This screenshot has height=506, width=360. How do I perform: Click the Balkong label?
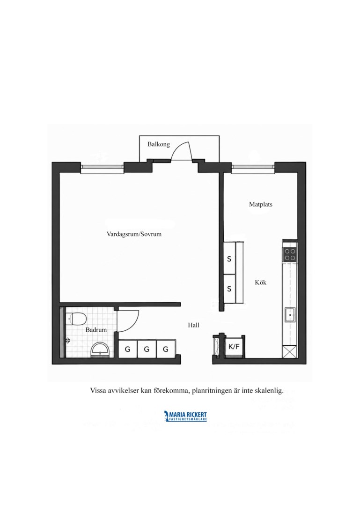(159, 144)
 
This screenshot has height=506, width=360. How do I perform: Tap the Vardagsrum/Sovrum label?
(134, 234)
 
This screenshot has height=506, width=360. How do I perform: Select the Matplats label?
(261, 204)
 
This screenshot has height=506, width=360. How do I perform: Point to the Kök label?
(261, 283)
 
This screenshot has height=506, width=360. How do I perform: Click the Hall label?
(193, 325)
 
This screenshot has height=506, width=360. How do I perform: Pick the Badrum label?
(96, 330)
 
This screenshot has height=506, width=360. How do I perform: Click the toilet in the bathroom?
(76, 319)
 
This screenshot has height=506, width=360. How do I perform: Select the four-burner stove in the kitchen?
(290, 254)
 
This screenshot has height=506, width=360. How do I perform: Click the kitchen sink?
(290, 315)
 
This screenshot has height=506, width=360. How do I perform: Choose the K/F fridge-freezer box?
(234, 347)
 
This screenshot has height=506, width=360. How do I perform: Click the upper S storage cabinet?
(229, 259)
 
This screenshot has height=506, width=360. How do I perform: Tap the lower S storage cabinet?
(229, 289)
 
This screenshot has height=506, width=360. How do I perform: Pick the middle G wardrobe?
(147, 349)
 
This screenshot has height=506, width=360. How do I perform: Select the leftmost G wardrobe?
(128, 349)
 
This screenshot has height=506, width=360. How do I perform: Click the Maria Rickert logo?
(185, 416)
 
